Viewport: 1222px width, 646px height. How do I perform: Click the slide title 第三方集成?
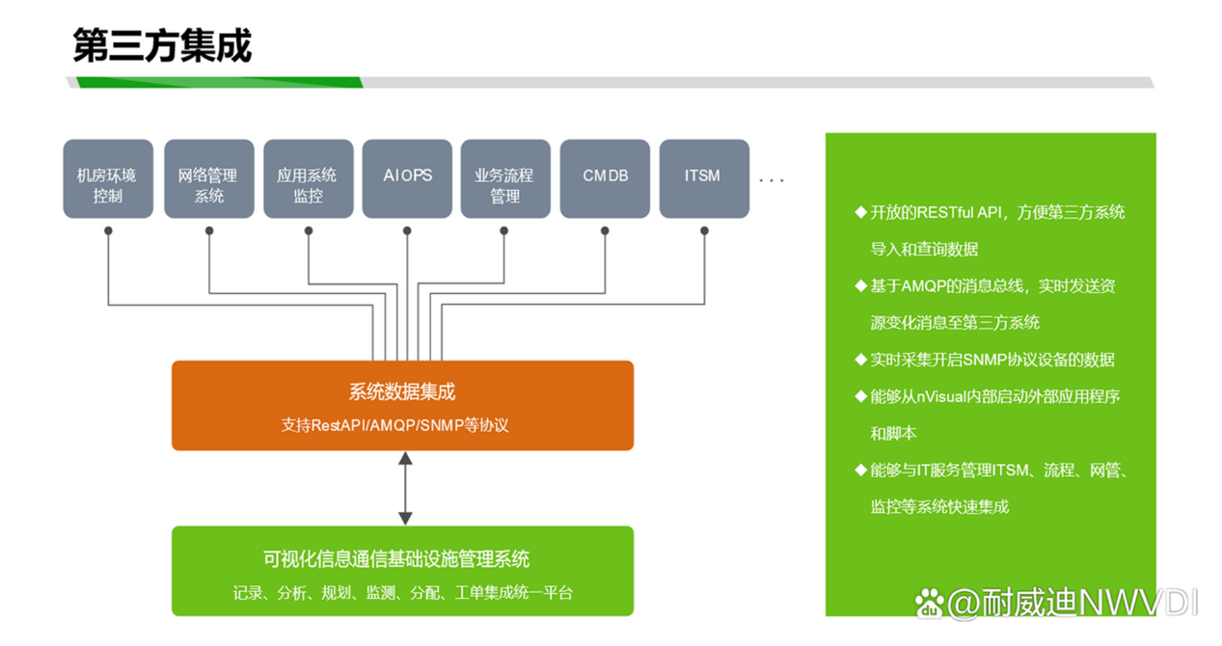(162, 46)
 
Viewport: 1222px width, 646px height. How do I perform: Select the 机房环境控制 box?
(108, 179)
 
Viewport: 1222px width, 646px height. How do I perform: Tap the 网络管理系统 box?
(208, 179)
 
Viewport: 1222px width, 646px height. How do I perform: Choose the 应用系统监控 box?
(308, 179)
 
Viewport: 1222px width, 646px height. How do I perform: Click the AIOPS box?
(407, 179)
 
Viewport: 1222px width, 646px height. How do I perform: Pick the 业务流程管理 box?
(505, 179)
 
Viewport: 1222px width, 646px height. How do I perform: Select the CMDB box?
(605, 179)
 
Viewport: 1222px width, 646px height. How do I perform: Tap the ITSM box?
(703, 179)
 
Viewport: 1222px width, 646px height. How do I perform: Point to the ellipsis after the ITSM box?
(772, 180)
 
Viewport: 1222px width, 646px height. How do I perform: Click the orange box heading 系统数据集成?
(402, 392)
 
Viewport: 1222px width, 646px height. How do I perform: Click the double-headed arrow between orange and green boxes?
(406, 488)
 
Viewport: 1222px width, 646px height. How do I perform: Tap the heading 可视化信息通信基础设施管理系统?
(396, 559)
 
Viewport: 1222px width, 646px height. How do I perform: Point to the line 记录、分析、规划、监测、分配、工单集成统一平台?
(403, 593)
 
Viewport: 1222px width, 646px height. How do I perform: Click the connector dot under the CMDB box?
(605, 231)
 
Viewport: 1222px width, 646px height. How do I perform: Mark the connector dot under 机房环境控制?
(109, 231)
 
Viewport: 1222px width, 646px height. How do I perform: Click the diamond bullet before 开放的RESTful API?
(860, 212)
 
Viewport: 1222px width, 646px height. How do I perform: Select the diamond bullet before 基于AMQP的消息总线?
(860, 286)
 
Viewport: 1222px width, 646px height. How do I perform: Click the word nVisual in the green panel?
(941, 396)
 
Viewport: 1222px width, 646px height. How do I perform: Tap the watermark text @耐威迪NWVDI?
(1072, 605)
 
